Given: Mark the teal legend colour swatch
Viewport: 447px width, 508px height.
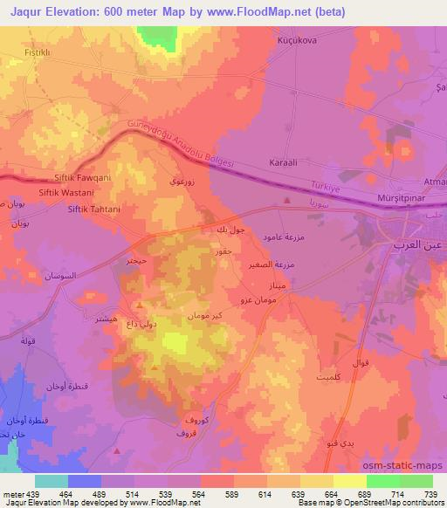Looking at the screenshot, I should click(51, 481).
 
